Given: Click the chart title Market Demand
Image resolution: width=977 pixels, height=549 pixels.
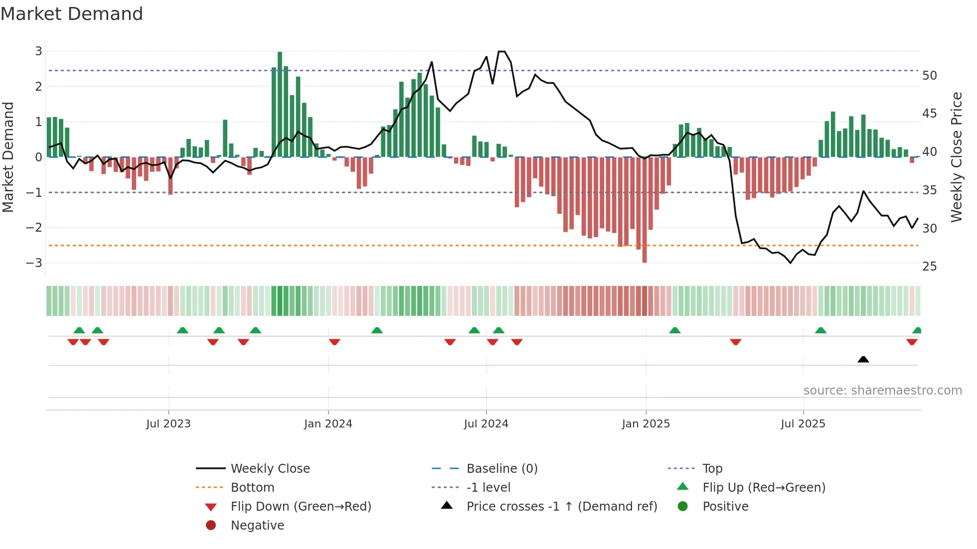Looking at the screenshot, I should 72,14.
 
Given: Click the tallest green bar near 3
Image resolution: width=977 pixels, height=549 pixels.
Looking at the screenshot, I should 280,105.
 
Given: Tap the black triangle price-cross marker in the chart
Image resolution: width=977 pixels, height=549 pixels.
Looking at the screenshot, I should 863,359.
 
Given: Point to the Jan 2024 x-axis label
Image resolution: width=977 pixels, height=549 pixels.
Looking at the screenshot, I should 328,424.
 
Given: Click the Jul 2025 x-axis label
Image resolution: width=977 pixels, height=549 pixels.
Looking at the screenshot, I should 803,424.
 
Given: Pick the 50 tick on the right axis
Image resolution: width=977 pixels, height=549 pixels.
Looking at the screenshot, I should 930,76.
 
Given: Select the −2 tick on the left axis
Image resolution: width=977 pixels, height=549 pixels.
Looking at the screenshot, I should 34,228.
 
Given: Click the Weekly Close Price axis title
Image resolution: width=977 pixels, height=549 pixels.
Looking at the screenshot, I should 956,157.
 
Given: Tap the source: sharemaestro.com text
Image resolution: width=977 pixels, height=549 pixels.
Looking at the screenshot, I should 882,391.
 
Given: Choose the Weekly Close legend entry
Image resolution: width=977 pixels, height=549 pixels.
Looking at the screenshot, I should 270,469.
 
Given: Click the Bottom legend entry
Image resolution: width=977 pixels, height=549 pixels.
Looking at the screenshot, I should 252,488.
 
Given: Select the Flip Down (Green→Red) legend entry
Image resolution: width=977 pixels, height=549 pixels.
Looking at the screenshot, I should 301,507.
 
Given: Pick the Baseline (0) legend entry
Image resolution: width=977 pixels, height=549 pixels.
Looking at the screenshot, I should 502,469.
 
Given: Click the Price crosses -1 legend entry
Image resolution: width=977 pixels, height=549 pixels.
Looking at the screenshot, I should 562,507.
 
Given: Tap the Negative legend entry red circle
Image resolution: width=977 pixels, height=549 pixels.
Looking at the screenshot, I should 211,526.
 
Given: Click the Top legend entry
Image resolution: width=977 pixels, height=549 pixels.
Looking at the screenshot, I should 712,469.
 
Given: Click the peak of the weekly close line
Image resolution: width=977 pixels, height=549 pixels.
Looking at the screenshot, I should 501,52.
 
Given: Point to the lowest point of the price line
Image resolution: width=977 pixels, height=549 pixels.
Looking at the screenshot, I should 791,263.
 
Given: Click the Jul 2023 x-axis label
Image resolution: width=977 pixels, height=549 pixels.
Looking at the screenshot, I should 168,424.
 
